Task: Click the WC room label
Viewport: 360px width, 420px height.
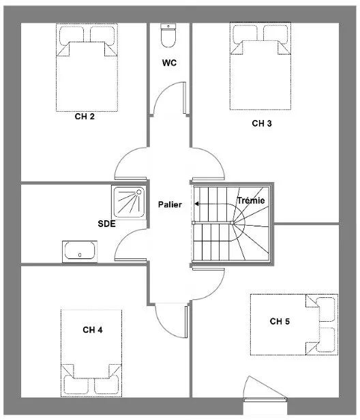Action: [169, 63]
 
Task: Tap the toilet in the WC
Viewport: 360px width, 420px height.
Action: [168, 35]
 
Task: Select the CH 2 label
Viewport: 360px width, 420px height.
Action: [85, 117]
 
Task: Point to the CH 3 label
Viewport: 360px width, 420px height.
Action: [262, 123]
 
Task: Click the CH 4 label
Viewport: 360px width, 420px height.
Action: [93, 330]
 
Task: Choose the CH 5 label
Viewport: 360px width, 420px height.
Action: [280, 321]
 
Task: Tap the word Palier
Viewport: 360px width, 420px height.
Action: [170, 205]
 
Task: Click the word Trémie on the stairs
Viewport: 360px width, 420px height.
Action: [251, 200]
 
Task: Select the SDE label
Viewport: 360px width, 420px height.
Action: [106, 224]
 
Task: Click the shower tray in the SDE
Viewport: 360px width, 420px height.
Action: [129, 202]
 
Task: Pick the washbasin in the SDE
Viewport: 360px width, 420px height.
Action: [80, 251]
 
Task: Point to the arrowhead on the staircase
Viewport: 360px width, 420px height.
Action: [196, 204]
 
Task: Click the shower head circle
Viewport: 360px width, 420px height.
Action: [139, 192]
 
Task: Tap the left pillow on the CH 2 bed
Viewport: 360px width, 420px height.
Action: [71, 35]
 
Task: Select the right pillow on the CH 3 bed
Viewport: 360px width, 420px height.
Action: [275, 34]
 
